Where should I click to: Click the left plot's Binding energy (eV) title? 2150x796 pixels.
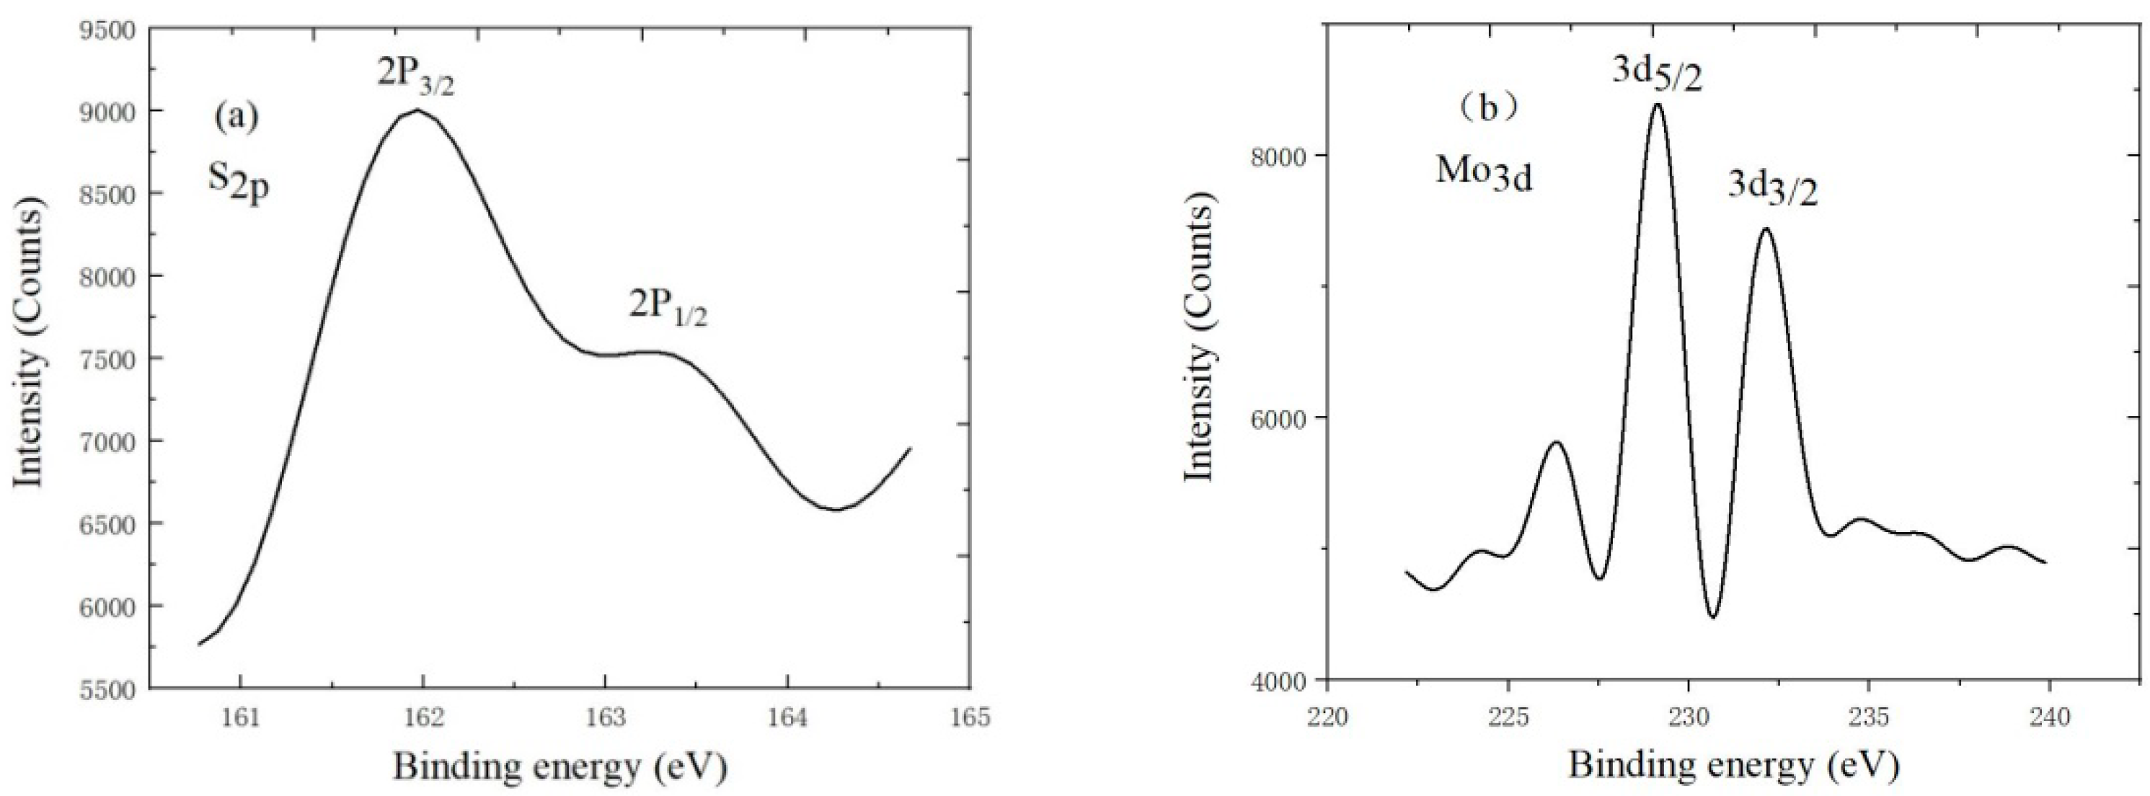tap(560, 766)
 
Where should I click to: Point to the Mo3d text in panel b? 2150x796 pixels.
tap(1484, 174)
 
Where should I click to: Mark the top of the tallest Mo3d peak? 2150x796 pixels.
tap(1658, 128)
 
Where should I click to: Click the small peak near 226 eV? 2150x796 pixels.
tap(1556, 442)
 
